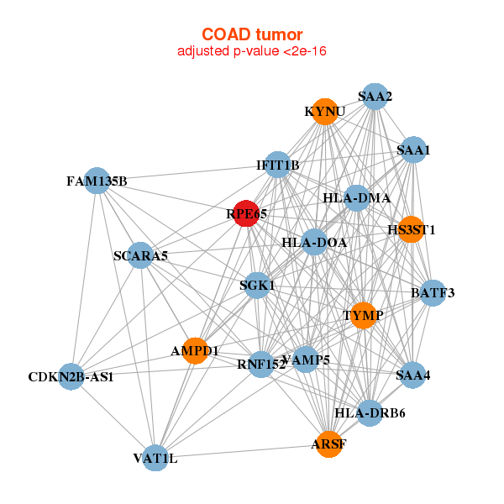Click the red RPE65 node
point(246,214)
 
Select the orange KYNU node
point(325,112)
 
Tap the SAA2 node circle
point(375,97)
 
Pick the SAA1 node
point(413,151)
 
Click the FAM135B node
point(97,181)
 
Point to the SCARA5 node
point(140,255)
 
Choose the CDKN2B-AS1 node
point(71,375)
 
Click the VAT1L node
point(155,458)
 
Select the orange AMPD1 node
point(195,350)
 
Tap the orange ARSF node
point(329,444)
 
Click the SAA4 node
point(413,375)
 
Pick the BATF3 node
point(433,293)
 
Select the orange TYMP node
point(363,316)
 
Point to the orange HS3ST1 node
point(411,229)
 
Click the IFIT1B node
point(278,165)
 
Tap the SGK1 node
point(257,286)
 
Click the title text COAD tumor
point(251,34)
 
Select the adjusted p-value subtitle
point(251,51)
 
